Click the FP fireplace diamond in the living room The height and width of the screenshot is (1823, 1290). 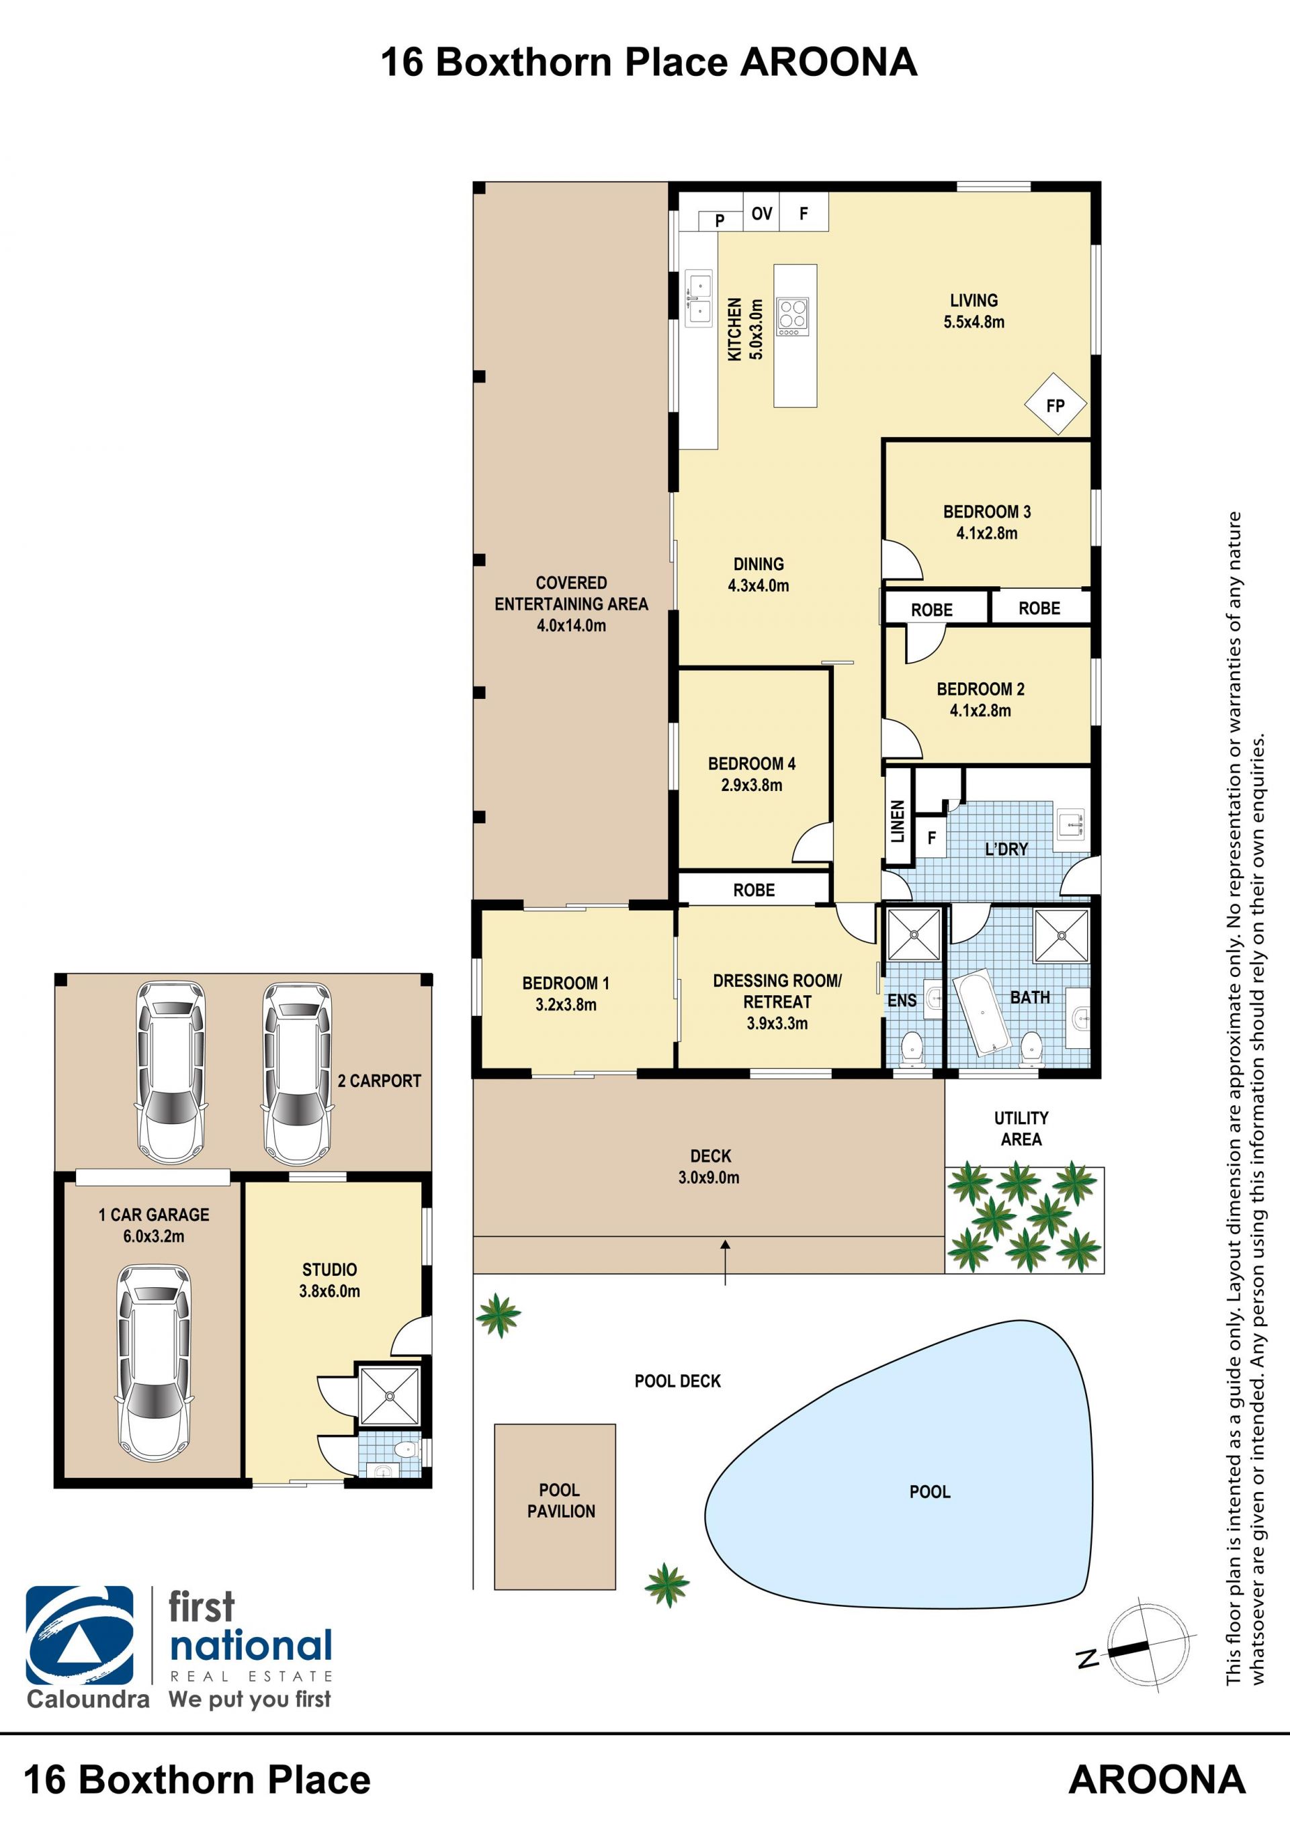pos(1055,404)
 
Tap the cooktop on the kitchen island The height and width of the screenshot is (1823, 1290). pos(793,316)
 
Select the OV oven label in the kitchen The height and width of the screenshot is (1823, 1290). pos(762,213)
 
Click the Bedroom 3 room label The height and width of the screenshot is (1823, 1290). pos(986,512)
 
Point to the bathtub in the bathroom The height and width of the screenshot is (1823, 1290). pos(981,1013)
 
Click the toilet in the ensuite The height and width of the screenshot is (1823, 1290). pos(911,1048)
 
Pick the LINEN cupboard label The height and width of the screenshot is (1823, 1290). pos(898,821)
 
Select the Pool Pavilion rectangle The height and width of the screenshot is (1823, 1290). pos(554,1506)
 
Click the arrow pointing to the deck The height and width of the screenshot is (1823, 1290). pos(724,1262)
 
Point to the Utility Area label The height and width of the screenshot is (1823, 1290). pos(1021,1128)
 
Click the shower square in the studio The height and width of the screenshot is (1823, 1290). pos(389,1395)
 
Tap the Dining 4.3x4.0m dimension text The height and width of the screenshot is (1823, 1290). pos(759,586)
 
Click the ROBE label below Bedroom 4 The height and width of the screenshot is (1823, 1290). pos(754,890)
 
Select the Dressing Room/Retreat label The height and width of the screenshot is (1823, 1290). pos(777,991)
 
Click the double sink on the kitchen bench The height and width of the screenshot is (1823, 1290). pos(699,299)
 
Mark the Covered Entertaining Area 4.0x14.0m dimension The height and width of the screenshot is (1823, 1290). pos(571,625)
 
